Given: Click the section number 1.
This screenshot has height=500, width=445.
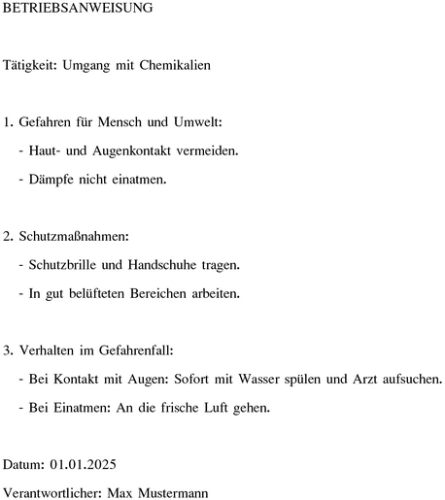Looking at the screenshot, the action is click(x=9, y=123).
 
